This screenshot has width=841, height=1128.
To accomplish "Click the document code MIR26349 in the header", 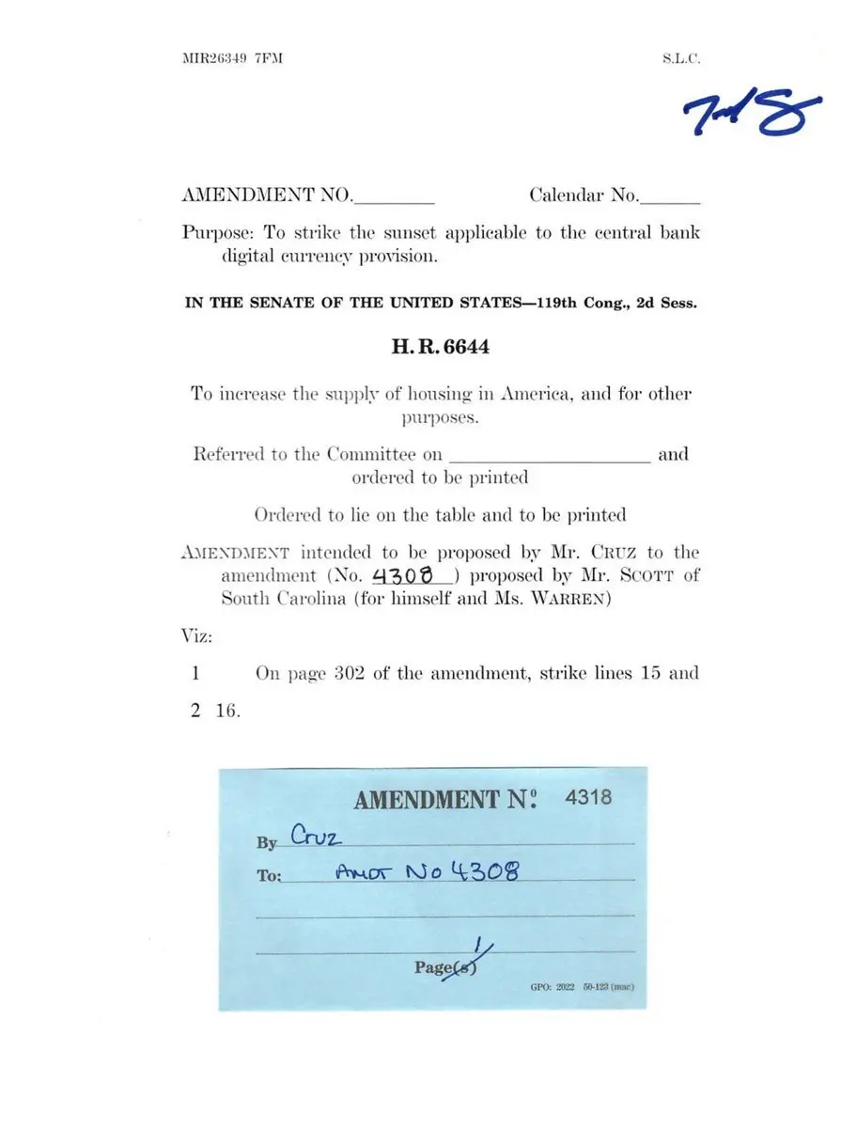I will click(214, 58).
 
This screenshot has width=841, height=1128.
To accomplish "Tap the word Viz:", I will click(196, 636).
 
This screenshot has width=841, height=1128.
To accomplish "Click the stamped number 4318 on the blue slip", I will click(588, 797).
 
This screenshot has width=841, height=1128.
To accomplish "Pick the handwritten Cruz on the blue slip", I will click(315, 836).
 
